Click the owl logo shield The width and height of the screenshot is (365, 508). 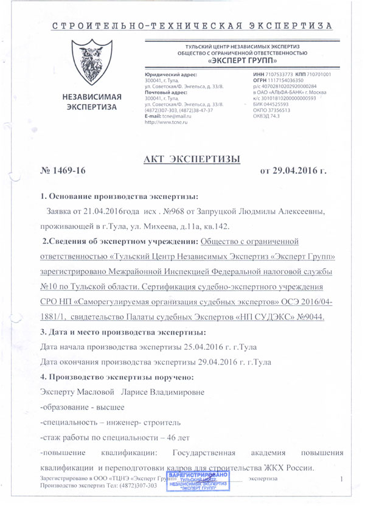click(x=96, y=63)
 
